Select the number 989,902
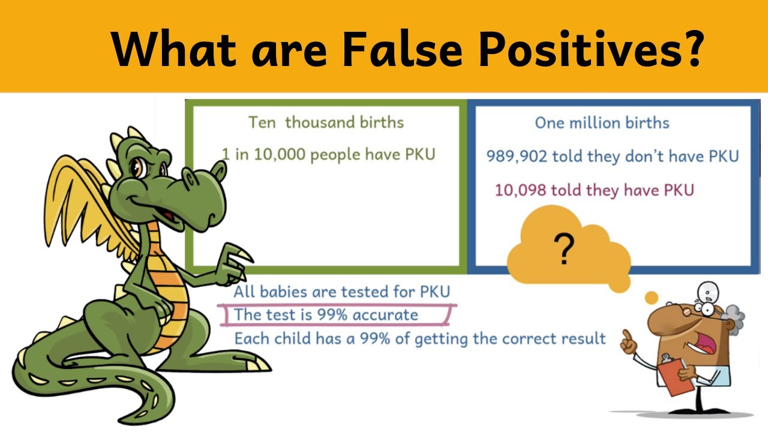517,157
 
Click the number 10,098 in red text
520,190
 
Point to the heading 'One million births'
602,123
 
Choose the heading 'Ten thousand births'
326,122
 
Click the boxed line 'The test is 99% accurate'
325,314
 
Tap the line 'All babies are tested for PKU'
341,292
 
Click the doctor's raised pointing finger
626,337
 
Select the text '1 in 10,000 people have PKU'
328,154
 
